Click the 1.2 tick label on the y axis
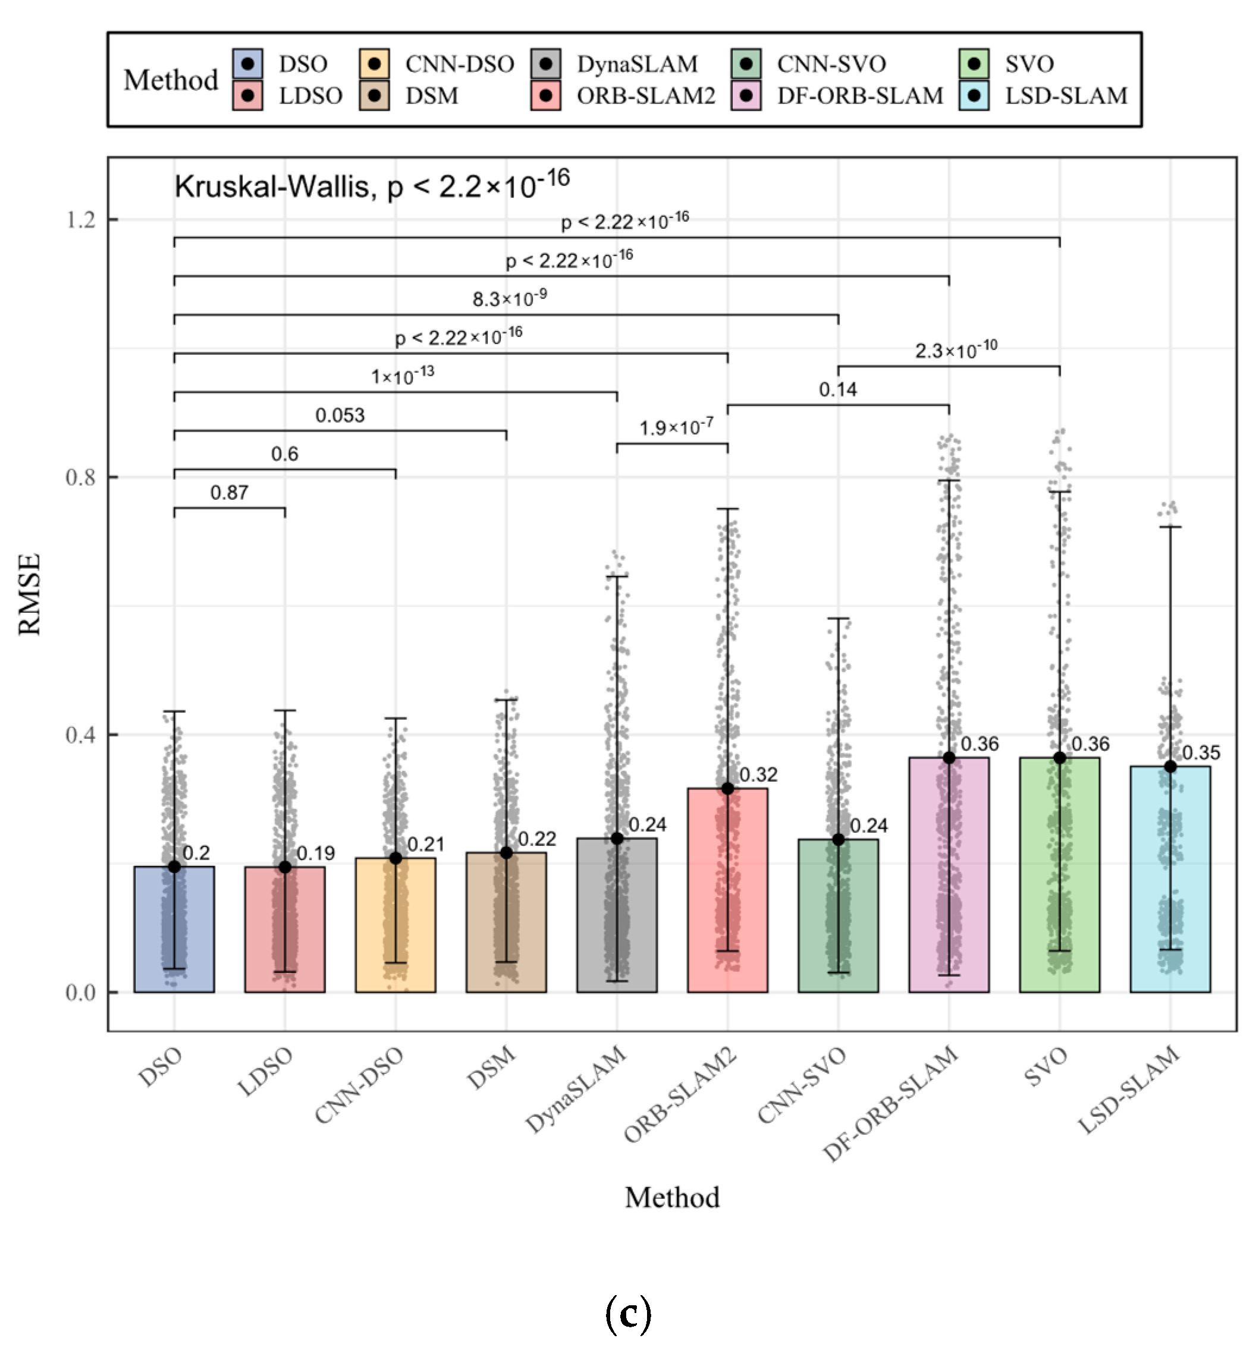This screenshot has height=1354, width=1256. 81,219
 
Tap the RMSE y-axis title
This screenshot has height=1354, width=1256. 30,594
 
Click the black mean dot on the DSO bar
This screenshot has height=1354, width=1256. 174,866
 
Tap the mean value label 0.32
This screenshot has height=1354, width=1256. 758,774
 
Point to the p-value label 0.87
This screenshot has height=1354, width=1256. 229,493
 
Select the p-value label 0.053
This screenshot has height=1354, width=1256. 340,415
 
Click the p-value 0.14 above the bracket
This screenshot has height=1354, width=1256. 837,390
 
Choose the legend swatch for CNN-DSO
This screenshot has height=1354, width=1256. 375,64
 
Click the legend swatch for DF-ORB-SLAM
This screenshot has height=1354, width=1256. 746,96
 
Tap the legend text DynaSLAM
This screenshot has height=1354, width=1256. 637,64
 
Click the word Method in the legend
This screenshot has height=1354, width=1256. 171,80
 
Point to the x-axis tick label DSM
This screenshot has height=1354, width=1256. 491,1069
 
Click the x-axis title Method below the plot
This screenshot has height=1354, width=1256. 671,1197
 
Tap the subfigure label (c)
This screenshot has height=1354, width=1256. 627,1315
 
